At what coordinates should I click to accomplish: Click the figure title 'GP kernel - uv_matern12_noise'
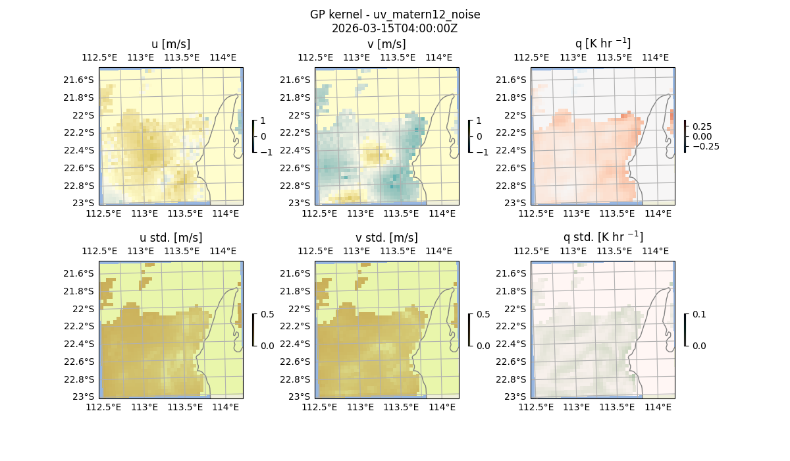click(x=395, y=14)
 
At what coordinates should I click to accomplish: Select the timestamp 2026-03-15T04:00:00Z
click(x=395, y=28)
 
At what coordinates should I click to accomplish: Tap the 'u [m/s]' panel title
click(x=171, y=44)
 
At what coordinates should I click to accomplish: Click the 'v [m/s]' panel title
click(x=387, y=44)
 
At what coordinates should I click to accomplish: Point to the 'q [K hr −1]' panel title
click(x=602, y=43)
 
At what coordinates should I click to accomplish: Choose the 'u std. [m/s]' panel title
click(x=171, y=238)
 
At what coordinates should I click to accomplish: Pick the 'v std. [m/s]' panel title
click(x=387, y=238)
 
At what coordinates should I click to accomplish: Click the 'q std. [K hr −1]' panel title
click(x=602, y=237)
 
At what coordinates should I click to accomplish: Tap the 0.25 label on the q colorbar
click(x=702, y=126)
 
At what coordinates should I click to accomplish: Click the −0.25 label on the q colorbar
click(x=705, y=146)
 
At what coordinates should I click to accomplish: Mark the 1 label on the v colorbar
click(x=479, y=121)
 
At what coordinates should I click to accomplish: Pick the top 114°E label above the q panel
click(x=655, y=57)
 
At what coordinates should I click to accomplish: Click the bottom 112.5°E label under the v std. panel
click(x=319, y=408)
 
